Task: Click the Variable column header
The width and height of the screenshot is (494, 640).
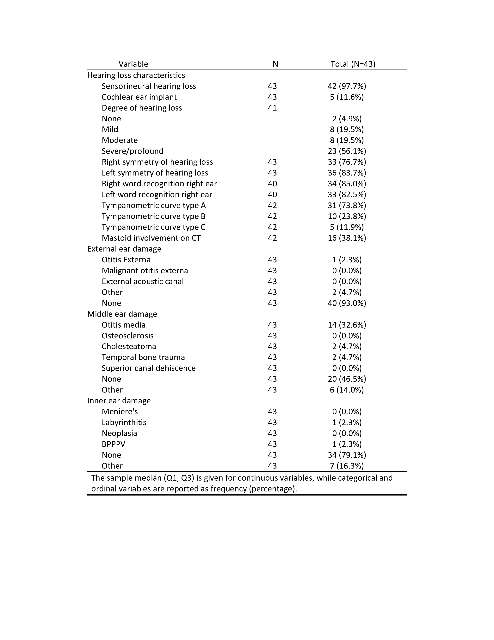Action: [x=133, y=64]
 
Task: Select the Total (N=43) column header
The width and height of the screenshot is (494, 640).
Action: [x=353, y=64]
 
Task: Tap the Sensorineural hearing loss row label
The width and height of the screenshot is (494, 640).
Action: [x=149, y=86]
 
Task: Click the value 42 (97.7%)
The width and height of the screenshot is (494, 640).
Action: [x=347, y=86]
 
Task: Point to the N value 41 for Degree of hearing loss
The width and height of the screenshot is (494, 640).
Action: [x=272, y=108]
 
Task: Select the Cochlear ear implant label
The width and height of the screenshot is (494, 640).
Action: [x=139, y=97]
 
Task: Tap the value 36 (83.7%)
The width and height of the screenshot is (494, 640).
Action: [x=347, y=173]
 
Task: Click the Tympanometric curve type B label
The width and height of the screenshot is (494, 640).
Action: [x=153, y=216]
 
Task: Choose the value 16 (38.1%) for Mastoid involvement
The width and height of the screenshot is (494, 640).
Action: [x=347, y=238]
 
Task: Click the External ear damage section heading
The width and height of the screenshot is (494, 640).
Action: [x=124, y=249]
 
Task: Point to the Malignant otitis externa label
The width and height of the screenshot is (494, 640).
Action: [x=145, y=271]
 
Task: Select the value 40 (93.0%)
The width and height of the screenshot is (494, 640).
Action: [x=347, y=303]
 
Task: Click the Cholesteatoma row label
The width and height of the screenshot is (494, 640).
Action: [x=129, y=346]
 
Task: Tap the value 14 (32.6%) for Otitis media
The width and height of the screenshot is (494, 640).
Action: [x=347, y=325]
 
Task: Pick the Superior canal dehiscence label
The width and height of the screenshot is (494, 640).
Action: [x=148, y=368]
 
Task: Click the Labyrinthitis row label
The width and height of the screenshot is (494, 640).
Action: [x=124, y=422]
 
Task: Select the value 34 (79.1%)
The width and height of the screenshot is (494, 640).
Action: [x=347, y=455]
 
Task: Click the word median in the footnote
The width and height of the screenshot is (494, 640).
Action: [x=147, y=478]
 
